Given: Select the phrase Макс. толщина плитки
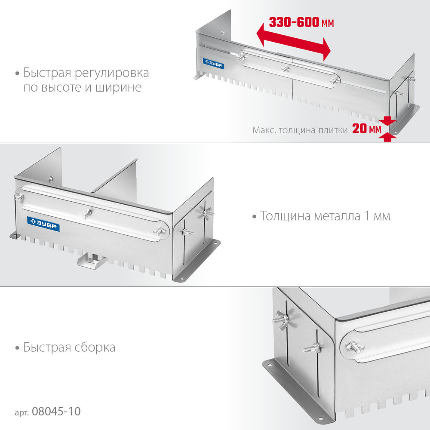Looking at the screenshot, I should (x=300, y=130).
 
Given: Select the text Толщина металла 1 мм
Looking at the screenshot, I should (x=325, y=216).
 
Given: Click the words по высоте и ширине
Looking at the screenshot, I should (x=83, y=88).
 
